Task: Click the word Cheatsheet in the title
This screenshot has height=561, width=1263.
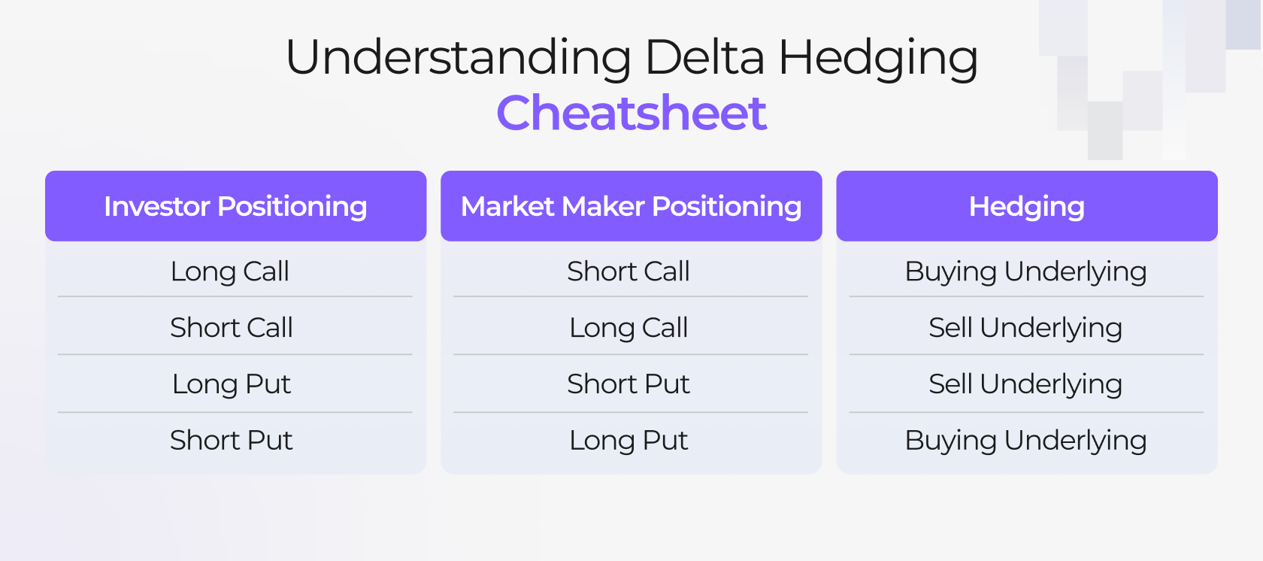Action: pos(631,114)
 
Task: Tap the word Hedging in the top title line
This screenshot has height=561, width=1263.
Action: pos(877,58)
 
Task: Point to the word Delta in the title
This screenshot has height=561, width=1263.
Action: pos(704,58)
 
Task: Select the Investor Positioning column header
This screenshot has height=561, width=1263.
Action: pos(235,206)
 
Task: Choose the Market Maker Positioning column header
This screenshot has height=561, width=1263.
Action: pos(631,206)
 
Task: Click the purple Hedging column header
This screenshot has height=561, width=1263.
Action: pos(1026,206)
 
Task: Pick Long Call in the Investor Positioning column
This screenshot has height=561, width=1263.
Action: pos(230,271)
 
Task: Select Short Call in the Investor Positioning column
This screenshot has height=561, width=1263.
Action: pos(232,328)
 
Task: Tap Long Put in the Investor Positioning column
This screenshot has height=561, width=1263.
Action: pos(232,384)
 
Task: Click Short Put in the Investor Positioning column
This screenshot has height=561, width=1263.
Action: pos(232,441)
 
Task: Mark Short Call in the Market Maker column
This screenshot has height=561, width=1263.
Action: pos(628,271)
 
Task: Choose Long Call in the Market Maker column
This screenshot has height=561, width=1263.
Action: pos(628,328)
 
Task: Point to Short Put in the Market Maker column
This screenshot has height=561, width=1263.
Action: pos(628,384)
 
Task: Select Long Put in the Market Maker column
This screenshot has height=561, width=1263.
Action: pos(628,441)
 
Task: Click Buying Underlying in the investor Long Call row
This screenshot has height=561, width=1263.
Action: pos(1025,271)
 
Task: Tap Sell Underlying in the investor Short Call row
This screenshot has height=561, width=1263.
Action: pos(1025,328)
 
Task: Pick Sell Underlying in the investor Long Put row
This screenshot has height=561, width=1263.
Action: pos(1025,384)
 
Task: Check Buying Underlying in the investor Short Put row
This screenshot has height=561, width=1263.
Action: pos(1025,441)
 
